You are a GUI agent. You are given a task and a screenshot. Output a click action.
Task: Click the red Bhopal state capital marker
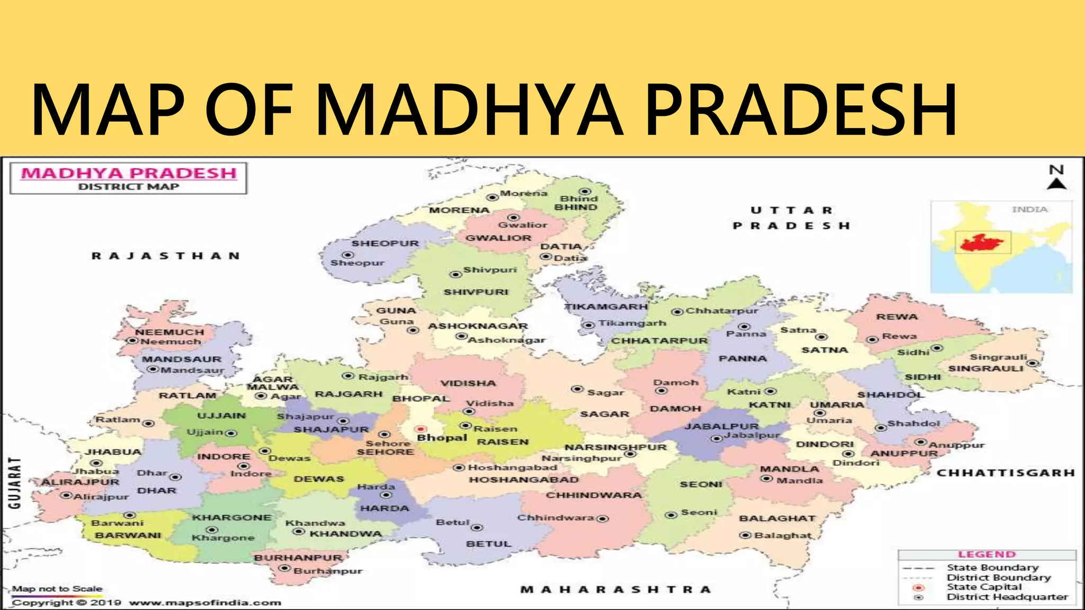[x=421, y=429]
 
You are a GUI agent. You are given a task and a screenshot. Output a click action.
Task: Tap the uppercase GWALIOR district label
[x=498, y=238]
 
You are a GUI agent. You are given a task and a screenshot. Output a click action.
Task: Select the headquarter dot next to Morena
[x=492, y=197]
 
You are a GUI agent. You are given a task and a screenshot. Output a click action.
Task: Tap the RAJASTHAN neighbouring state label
[x=166, y=256]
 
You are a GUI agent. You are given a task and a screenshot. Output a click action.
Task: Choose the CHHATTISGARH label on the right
[x=1006, y=473]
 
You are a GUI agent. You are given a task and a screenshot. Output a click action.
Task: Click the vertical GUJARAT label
[x=15, y=483]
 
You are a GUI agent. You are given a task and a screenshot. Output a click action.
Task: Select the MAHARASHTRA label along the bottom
[x=616, y=589]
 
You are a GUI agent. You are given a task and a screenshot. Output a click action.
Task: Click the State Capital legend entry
[x=984, y=587]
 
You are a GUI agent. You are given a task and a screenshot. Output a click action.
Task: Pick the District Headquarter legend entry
[x=1007, y=597]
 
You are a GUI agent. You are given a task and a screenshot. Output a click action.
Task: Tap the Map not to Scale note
[x=57, y=589]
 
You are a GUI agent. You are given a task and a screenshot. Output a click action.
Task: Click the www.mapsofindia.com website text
[x=205, y=603]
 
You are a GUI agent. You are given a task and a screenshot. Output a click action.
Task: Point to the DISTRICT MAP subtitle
[x=128, y=186]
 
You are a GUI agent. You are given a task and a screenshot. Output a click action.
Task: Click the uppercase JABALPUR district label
[x=722, y=426]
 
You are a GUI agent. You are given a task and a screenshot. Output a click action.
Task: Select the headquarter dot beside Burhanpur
[x=285, y=569]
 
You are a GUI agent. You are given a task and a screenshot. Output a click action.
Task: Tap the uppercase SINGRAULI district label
[x=985, y=369]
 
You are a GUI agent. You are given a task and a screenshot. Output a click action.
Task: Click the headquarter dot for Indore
[x=243, y=466]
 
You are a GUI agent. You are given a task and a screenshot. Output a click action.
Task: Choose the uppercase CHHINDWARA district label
[x=593, y=496]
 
